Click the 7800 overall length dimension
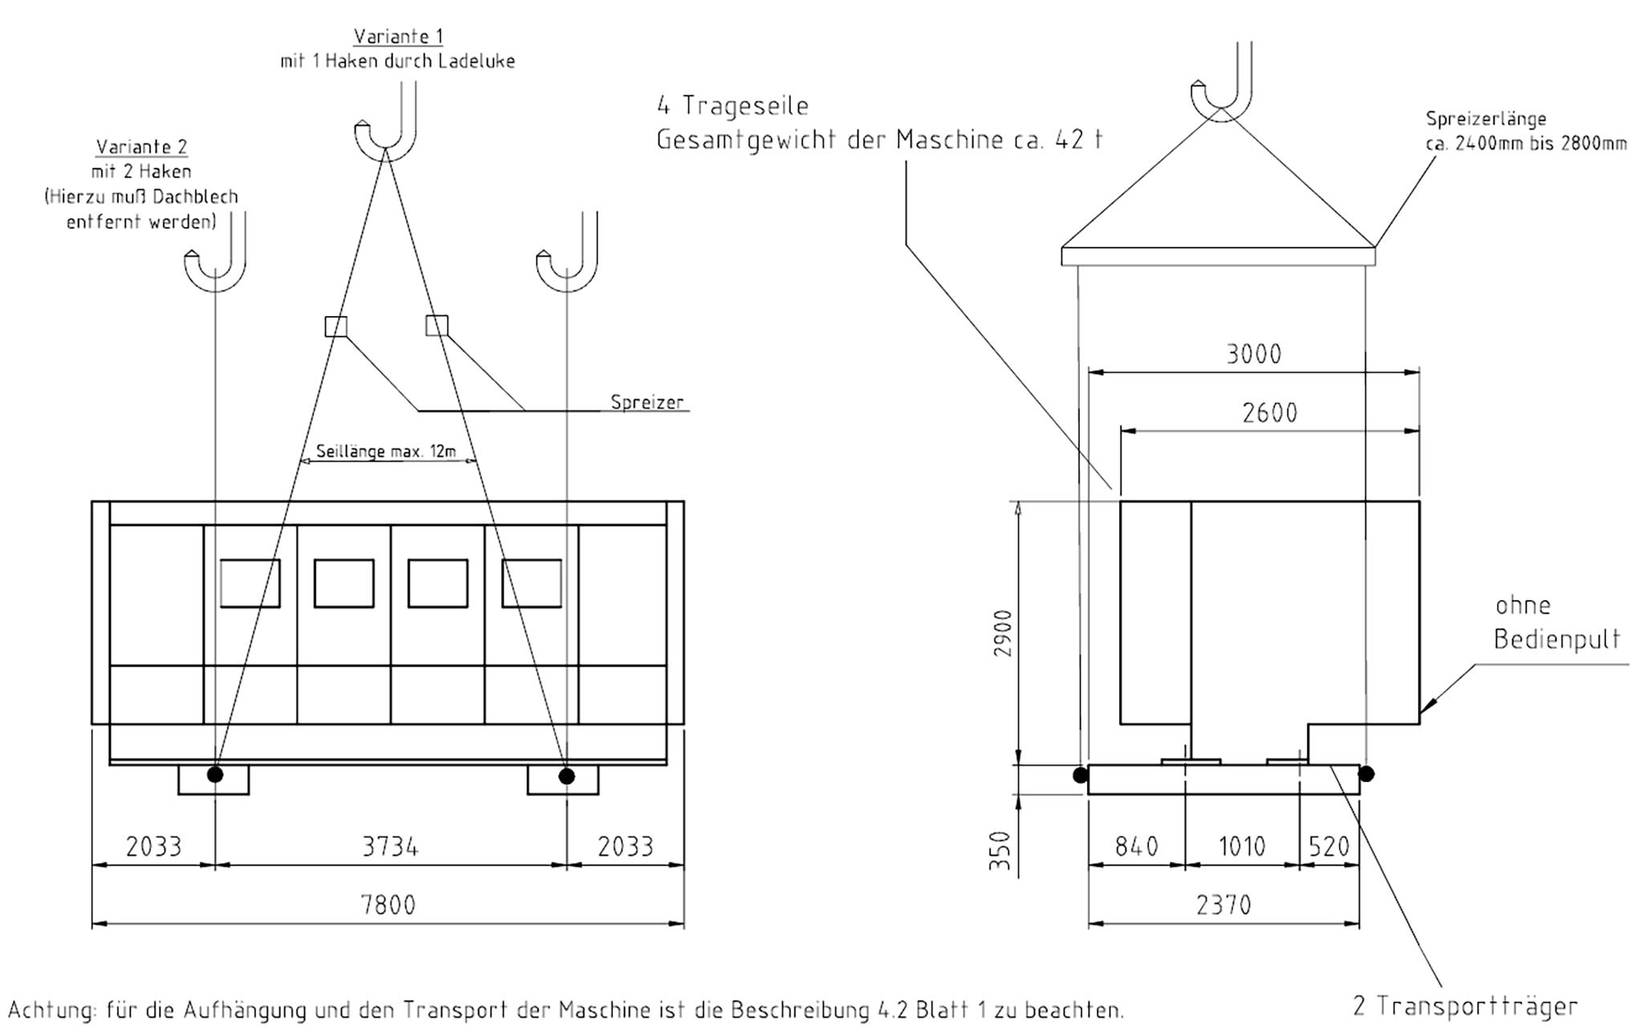pos(388,905)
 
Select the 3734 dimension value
pos(390,846)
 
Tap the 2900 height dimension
pos(1003,634)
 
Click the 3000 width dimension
pos(1254,354)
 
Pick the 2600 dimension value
pos(1270,412)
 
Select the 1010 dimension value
pos(1242,846)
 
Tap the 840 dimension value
pos(1137,846)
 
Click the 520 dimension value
pos(1329,846)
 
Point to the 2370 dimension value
pos(1223,905)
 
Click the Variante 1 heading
pos(398,36)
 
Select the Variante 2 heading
pos(141,147)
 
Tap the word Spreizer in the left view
pos(647,402)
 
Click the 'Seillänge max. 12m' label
pos(386,451)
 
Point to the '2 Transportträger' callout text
pos(1465,1006)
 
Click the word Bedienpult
pos(1557,639)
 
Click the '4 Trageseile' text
pos(732,106)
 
